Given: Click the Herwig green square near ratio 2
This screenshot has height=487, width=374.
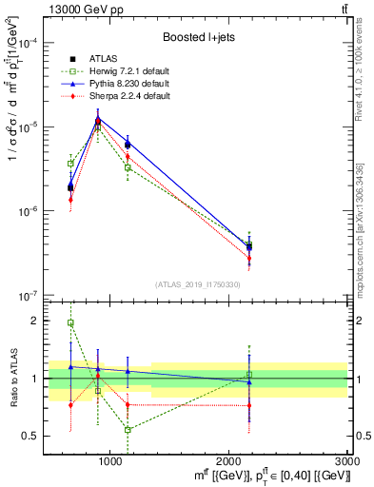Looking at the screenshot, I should (70, 323).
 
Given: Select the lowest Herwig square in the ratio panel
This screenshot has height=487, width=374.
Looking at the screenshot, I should (128, 430).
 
